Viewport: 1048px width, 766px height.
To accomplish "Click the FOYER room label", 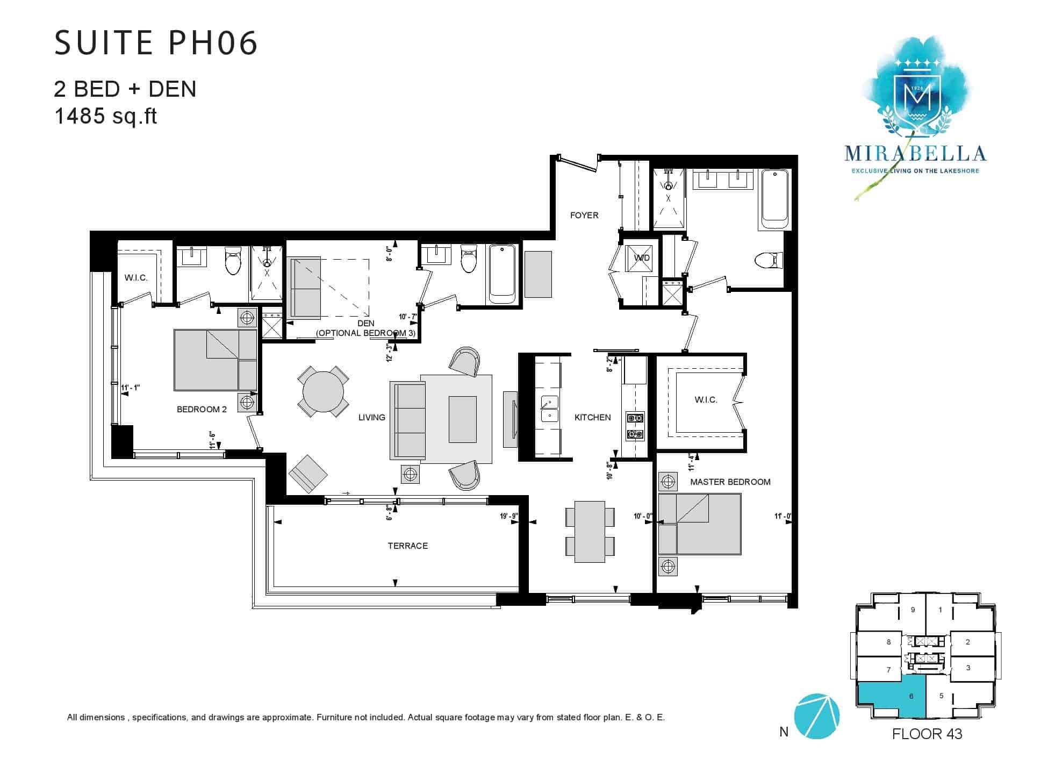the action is [584, 216].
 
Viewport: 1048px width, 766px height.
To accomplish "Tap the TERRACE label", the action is [408, 546].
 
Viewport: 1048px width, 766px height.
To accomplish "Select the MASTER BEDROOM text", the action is [730, 482].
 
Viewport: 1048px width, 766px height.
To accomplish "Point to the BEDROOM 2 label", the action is [202, 410].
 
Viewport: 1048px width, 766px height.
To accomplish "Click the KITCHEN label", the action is [593, 418].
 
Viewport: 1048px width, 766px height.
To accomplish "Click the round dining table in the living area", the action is [324, 391].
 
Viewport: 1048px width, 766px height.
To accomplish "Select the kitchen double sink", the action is [550, 409].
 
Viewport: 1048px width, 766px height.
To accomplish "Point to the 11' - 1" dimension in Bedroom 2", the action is [131, 388].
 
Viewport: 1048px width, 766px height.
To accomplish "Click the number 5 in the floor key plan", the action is [941, 696].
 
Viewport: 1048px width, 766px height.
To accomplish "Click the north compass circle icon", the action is [816, 716].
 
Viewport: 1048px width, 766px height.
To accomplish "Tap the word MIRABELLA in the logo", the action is [915, 154].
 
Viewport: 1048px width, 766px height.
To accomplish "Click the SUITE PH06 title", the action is [156, 43].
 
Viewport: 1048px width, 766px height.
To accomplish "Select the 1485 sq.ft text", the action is [105, 116].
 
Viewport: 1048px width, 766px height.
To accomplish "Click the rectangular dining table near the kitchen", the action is [590, 531].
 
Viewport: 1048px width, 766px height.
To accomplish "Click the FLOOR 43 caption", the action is [927, 734].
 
